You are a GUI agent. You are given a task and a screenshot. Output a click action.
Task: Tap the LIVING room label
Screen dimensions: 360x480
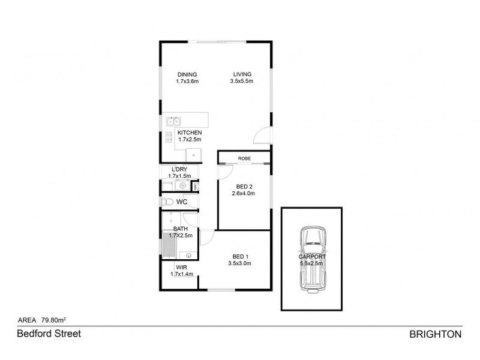(x=242, y=74)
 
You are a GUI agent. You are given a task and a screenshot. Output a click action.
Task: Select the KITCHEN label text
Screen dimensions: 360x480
(x=190, y=133)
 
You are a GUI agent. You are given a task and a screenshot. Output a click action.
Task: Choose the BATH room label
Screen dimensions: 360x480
(x=181, y=229)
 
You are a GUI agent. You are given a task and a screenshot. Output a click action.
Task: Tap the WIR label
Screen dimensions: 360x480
(x=180, y=268)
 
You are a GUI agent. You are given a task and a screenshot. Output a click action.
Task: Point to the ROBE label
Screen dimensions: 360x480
(x=244, y=158)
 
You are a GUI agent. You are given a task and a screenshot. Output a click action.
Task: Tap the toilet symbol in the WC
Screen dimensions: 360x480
(x=167, y=202)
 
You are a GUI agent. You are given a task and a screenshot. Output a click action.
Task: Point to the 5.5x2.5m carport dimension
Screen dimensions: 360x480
(x=311, y=263)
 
